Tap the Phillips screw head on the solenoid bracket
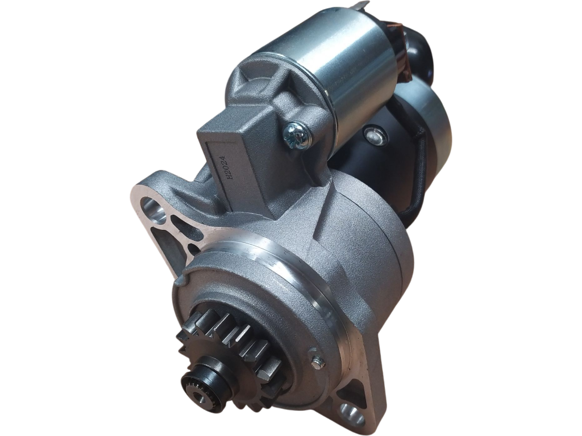(x=297, y=134)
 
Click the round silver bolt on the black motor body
(x=373, y=135)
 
